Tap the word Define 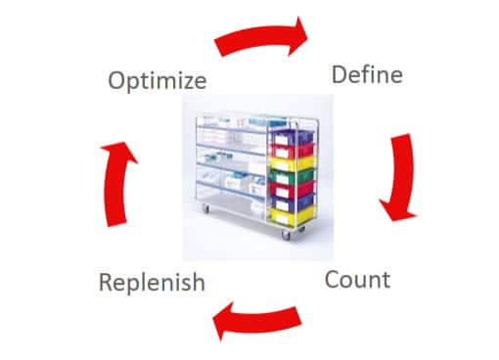(367, 73)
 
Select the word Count (357, 280)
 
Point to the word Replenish (152, 283)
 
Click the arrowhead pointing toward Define (297, 30)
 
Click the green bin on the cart (293, 177)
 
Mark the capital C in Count (333, 280)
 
